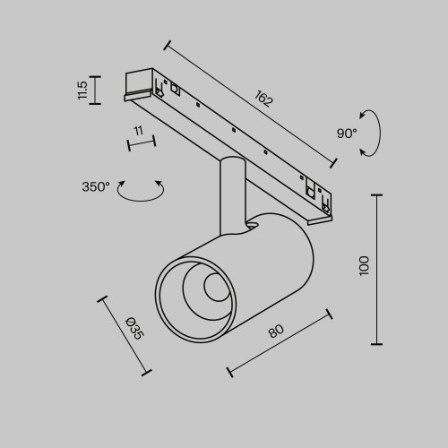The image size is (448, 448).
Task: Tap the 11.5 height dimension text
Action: [82, 90]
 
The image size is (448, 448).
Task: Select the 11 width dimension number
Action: [138, 131]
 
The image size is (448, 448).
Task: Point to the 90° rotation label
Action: [346, 133]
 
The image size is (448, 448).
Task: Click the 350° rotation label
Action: [95, 187]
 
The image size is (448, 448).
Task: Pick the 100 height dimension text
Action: [363, 265]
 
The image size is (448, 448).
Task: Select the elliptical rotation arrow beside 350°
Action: [142, 191]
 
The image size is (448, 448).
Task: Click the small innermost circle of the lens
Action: [214, 288]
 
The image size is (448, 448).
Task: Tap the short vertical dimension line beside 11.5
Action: [97, 90]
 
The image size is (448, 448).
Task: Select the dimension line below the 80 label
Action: [280, 342]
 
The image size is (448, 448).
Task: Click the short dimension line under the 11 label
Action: [141, 142]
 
